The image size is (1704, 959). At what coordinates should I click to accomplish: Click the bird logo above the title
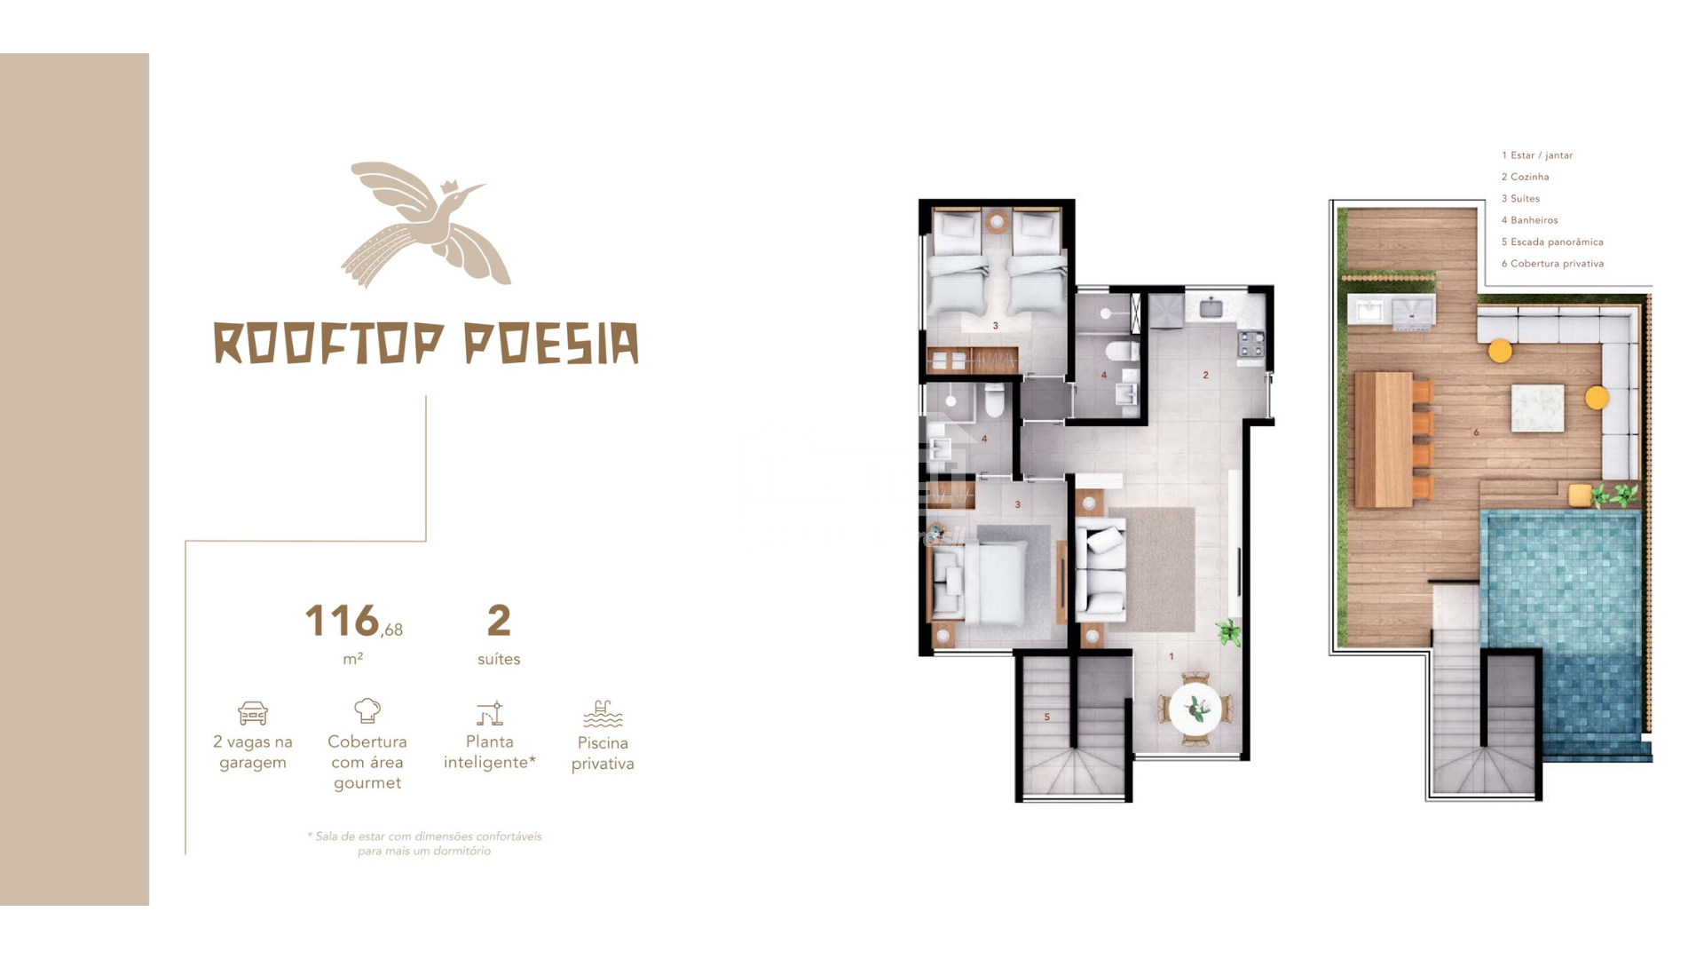[x=425, y=225]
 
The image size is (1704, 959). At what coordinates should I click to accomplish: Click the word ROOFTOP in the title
[x=328, y=344]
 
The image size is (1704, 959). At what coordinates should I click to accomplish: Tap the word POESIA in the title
[x=551, y=344]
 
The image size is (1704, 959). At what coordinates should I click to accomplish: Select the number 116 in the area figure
[x=342, y=621]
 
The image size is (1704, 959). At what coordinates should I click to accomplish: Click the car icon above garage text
[x=253, y=713]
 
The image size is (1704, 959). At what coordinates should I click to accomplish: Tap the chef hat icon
[x=367, y=710]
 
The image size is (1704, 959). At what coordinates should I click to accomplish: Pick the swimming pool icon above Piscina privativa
[x=603, y=714]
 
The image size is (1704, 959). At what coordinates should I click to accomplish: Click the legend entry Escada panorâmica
[x=1552, y=242]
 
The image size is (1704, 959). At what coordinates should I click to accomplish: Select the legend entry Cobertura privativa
[x=1552, y=264]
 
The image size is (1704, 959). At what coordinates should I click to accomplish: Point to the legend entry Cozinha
[x=1525, y=177]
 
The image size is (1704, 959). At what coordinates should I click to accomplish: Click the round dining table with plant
[x=1195, y=709]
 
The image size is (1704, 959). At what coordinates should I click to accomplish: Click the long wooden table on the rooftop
[x=1384, y=440]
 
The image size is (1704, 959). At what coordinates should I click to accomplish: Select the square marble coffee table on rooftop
[x=1538, y=408]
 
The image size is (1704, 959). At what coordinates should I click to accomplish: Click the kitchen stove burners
[x=1251, y=345]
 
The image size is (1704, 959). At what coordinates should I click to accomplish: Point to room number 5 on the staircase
[x=1047, y=717]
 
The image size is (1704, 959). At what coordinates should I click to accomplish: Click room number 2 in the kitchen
[x=1205, y=375]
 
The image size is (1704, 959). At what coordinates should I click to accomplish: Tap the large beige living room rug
[x=1151, y=569]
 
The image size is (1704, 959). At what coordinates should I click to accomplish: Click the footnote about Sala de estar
[x=424, y=844]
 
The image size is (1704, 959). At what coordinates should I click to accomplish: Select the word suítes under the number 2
[x=499, y=659]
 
